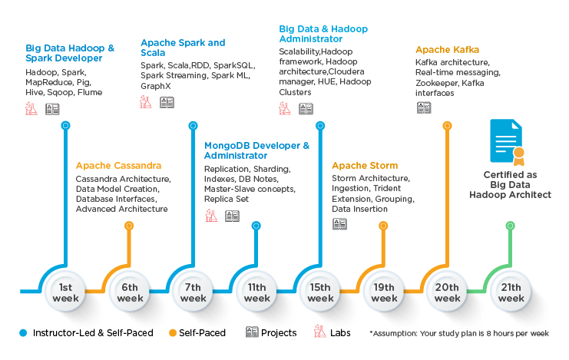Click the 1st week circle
[x=66, y=292]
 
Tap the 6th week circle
[x=130, y=292]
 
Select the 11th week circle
[x=257, y=292]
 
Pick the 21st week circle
[x=511, y=292]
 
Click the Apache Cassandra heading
[x=118, y=166]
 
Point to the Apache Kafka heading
[x=447, y=50]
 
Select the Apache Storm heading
[x=365, y=166]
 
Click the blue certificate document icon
[x=507, y=142]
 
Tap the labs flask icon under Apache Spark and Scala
[x=146, y=102]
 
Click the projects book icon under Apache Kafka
[x=424, y=107]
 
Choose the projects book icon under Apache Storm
[x=339, y=224]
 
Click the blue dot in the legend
[x=23, y=333]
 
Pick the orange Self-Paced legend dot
[x=173, y=333]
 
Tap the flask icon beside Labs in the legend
[x=319, y=332]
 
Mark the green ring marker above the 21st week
[x=510, y=226]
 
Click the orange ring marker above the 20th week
[x=447, y=126]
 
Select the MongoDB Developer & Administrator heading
[x=256, y=150]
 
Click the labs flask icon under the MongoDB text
[x=211, y=216]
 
